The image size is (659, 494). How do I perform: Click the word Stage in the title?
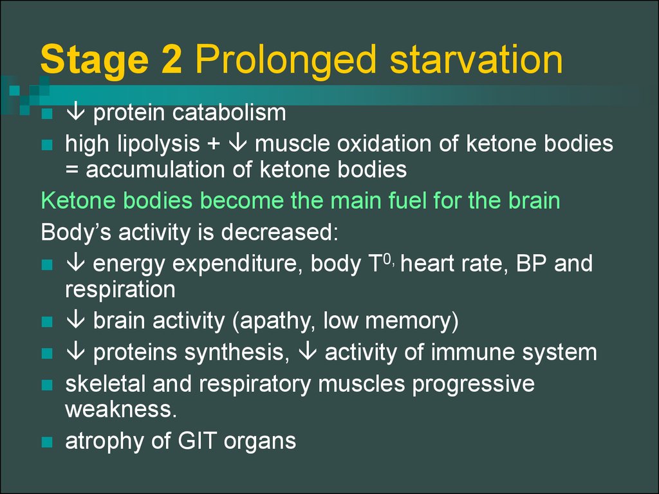pyautogui.click(x=95, y=60)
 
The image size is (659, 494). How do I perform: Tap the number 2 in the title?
pyautogui.click(x=171, y=59)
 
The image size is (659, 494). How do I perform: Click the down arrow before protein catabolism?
pyautogui.click(x=76, y=112)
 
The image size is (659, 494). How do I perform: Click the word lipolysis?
pyautogui.click(x=158, y=145)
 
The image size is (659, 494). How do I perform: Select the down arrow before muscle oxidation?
pyautogui.click(x=238, y=143)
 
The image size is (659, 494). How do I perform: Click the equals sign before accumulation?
pyautogui.click(x=72, y=170)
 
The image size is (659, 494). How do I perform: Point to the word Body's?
pyautogui.click(x=76, y=233)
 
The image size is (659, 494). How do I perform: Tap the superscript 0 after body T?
pyautogui.click(x=387, y=259)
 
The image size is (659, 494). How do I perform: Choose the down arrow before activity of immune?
pyautogui.click(x=307, y=352)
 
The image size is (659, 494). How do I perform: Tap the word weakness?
pyautogui.click(x=121, y=410)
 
